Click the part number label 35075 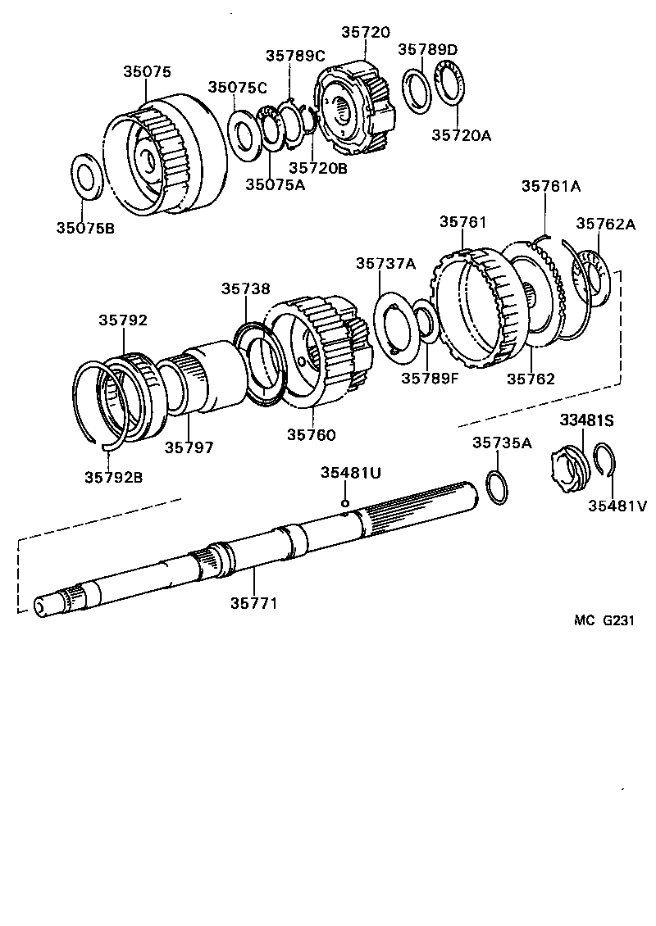coord(147,72)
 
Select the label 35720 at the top coord(365,33)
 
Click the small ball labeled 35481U coord(345,503)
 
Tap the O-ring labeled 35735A coord(496,488)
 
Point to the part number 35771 coord(253,603)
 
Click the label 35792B coord(113,477)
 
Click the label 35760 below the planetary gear coord(311,434)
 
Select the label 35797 coord(189,447)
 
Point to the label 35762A coord(605,223)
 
